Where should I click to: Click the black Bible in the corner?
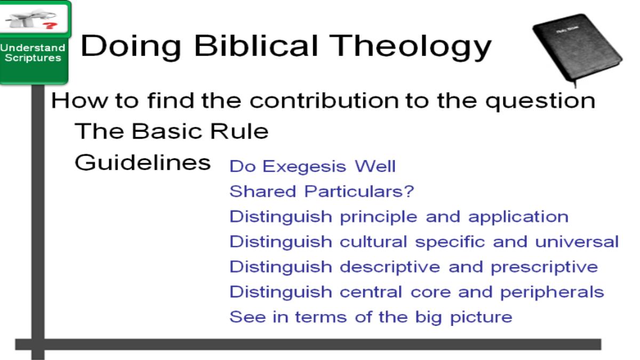[577, 49]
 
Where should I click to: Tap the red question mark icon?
[50, 26]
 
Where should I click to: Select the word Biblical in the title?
[255, 46]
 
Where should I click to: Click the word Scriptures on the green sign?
[33, 58]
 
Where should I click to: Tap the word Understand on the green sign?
[33, 47]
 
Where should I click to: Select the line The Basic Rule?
[171, 131]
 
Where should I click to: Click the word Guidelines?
[142, 163]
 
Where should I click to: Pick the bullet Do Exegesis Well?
[313, 166]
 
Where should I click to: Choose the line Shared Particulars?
[322, 191]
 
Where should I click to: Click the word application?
[518, 217]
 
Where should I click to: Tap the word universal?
[577, 242]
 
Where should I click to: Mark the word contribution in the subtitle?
[324, 101]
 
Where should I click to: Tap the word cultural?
[373, 242]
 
